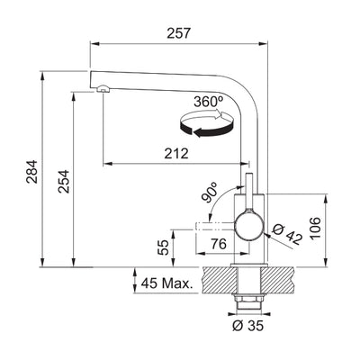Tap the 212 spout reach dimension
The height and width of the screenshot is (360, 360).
point(176,153)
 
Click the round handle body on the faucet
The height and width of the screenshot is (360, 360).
point(249,224)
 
